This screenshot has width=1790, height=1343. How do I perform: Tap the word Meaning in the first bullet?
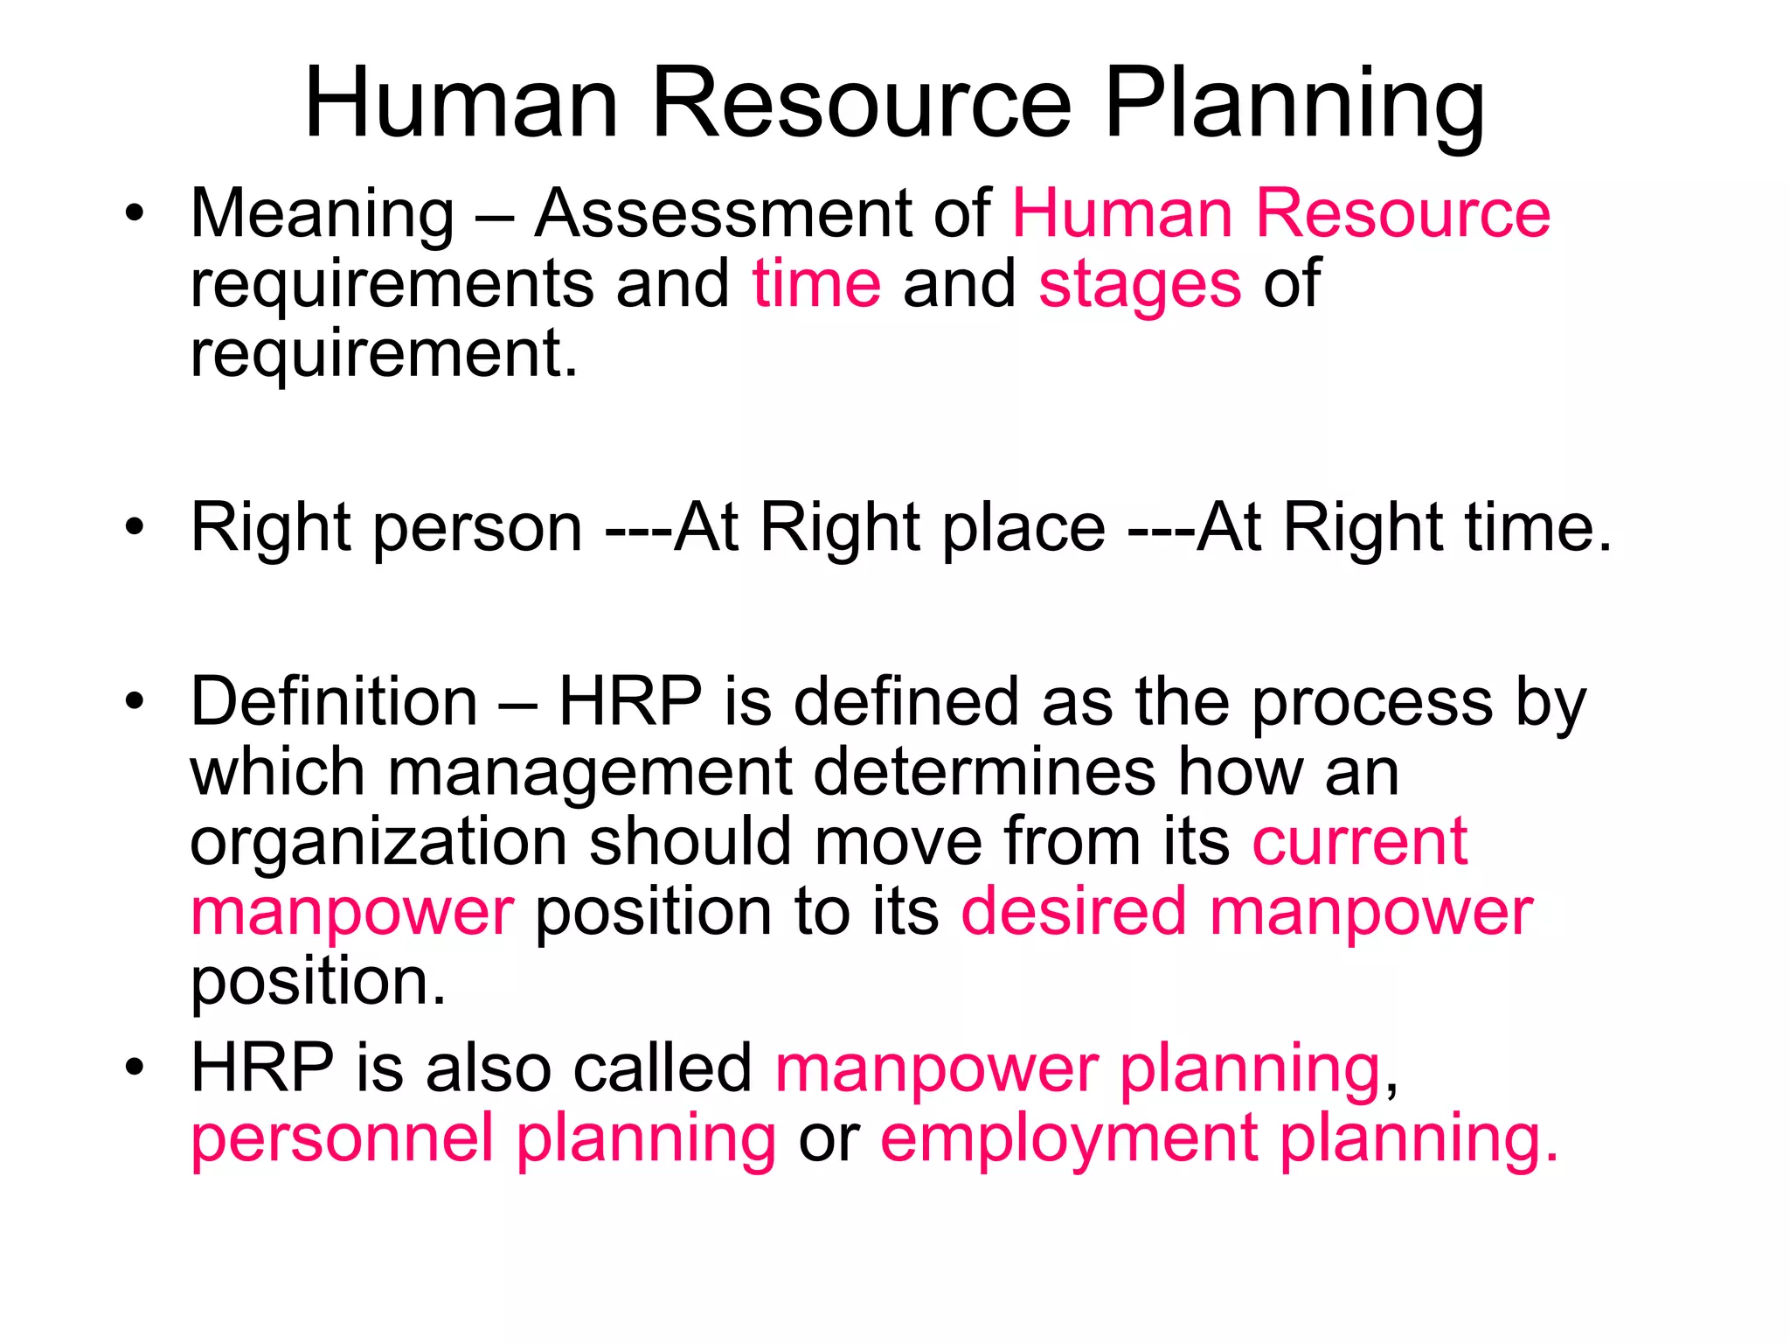coord(323,214)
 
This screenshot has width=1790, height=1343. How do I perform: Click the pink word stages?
coord(1140,285)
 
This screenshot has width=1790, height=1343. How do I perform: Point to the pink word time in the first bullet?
coord(816,284)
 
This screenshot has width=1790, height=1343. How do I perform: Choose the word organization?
coord(378,843)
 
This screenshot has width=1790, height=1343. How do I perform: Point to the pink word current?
coord(1360,841)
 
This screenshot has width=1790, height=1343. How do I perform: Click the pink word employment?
coord(1069,1140)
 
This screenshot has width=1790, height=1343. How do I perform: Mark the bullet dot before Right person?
coord(134,528)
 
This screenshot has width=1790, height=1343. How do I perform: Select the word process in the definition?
coord(1372,705)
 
